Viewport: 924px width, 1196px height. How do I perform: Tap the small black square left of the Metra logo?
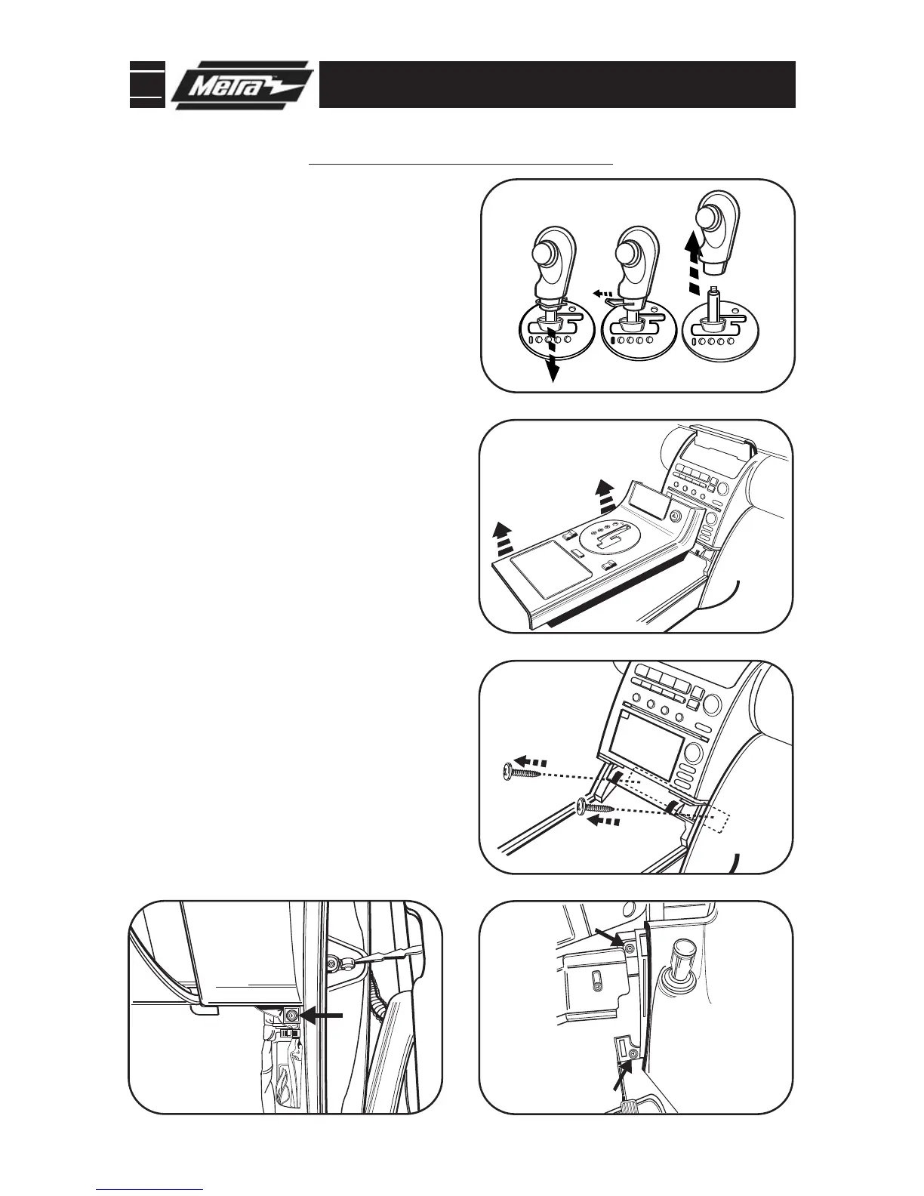click(x=146, y=85)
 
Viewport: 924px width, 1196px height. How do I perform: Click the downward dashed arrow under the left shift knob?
click(x=553, y=354)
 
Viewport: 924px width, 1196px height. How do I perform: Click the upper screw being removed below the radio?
click(x=520, y=770)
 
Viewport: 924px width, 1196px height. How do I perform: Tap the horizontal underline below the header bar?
click(x=462, y=162)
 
